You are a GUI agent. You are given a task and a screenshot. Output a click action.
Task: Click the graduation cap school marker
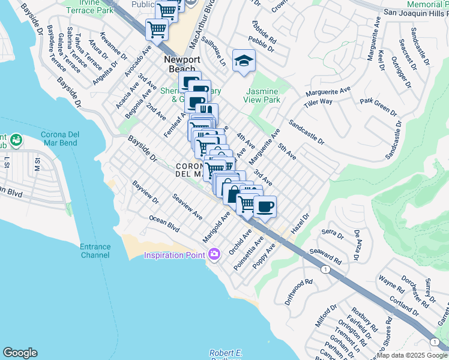click(244, 61)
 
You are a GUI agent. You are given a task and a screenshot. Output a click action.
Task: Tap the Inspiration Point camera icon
click(214, 255)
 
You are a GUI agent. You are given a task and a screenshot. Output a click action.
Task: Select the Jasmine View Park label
click(263, 95)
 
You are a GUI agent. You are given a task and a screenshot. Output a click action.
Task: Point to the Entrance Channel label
click(95, 251)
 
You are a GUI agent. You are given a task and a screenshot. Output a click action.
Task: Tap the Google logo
click(20, 353)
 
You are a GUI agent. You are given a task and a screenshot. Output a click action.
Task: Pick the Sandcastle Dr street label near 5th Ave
click(306, 133)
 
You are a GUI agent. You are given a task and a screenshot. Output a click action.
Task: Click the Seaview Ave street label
click(187, 206)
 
